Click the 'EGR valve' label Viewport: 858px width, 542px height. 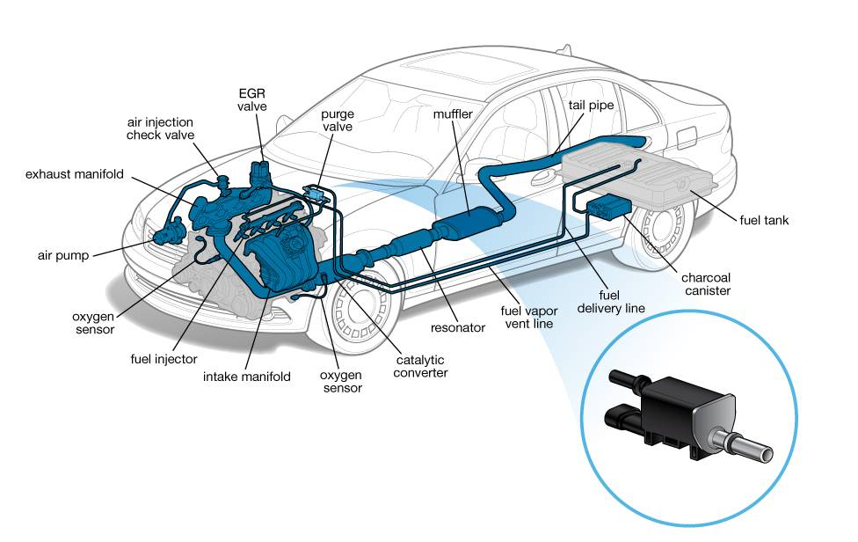pos(251,99)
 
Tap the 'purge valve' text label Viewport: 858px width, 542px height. pos(337,121)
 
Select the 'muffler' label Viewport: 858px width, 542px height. pos(452,114)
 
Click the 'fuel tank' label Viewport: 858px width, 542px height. pos(762,220)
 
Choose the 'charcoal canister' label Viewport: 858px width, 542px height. pos(706,284)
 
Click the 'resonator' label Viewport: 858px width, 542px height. pos(457,327)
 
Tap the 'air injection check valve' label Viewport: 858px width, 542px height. pos(160,128)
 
